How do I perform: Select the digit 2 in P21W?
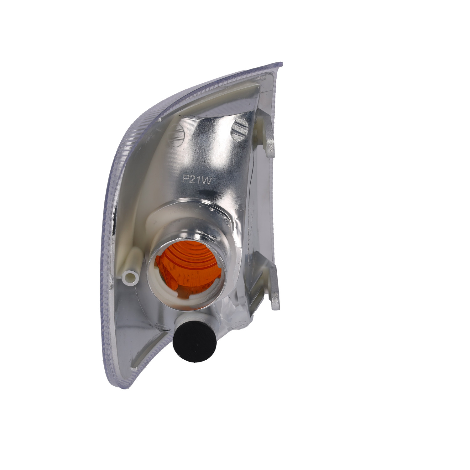click(193, 180)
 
